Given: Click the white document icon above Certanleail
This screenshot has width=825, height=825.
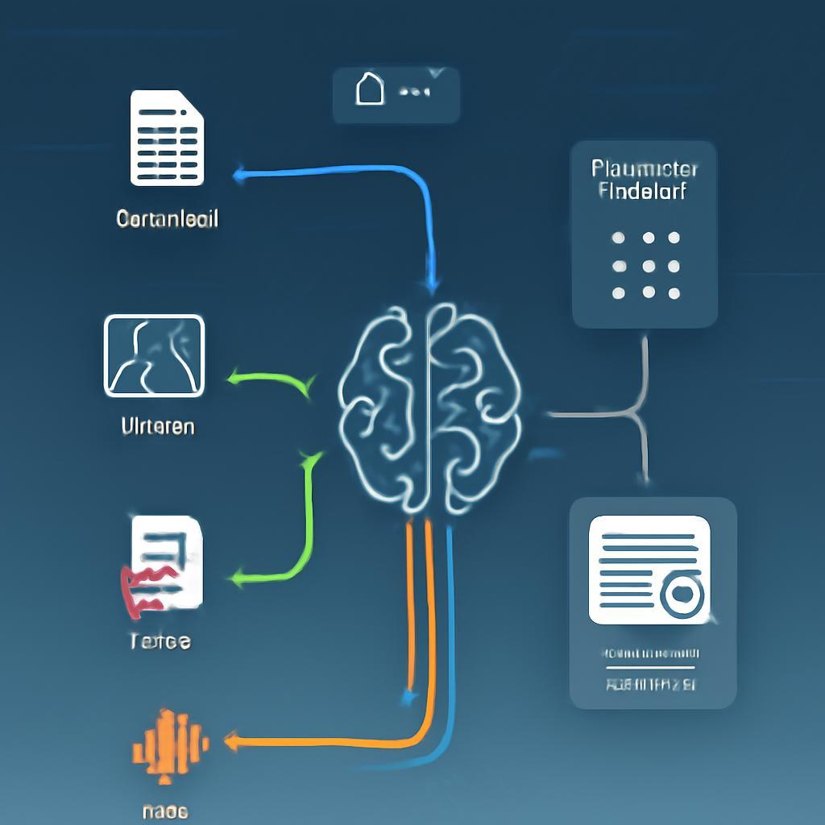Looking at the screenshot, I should [x=167, y=138].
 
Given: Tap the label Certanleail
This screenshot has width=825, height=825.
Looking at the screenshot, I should [x=167, y=218].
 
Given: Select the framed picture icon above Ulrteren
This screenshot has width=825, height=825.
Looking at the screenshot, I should [x=154, y=355].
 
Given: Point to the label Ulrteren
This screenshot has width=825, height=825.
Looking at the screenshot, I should [x=157, y=426].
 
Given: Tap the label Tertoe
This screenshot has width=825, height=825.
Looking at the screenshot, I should [x=160, y=641].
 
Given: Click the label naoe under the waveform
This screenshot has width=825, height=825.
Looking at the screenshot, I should [x=165, y=810].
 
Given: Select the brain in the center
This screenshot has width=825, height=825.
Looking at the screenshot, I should [x=429, y=408].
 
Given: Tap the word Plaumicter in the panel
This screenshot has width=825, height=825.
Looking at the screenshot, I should [x=644, y=168].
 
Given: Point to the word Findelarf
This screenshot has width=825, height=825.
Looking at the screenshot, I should [x=644, y=191].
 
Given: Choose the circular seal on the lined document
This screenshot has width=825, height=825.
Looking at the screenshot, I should [x=682, y=595].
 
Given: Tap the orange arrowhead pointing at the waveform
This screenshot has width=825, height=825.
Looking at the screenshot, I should [x=231, y=741].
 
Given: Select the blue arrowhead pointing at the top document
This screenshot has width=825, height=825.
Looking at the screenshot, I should [x=238, y=172].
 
